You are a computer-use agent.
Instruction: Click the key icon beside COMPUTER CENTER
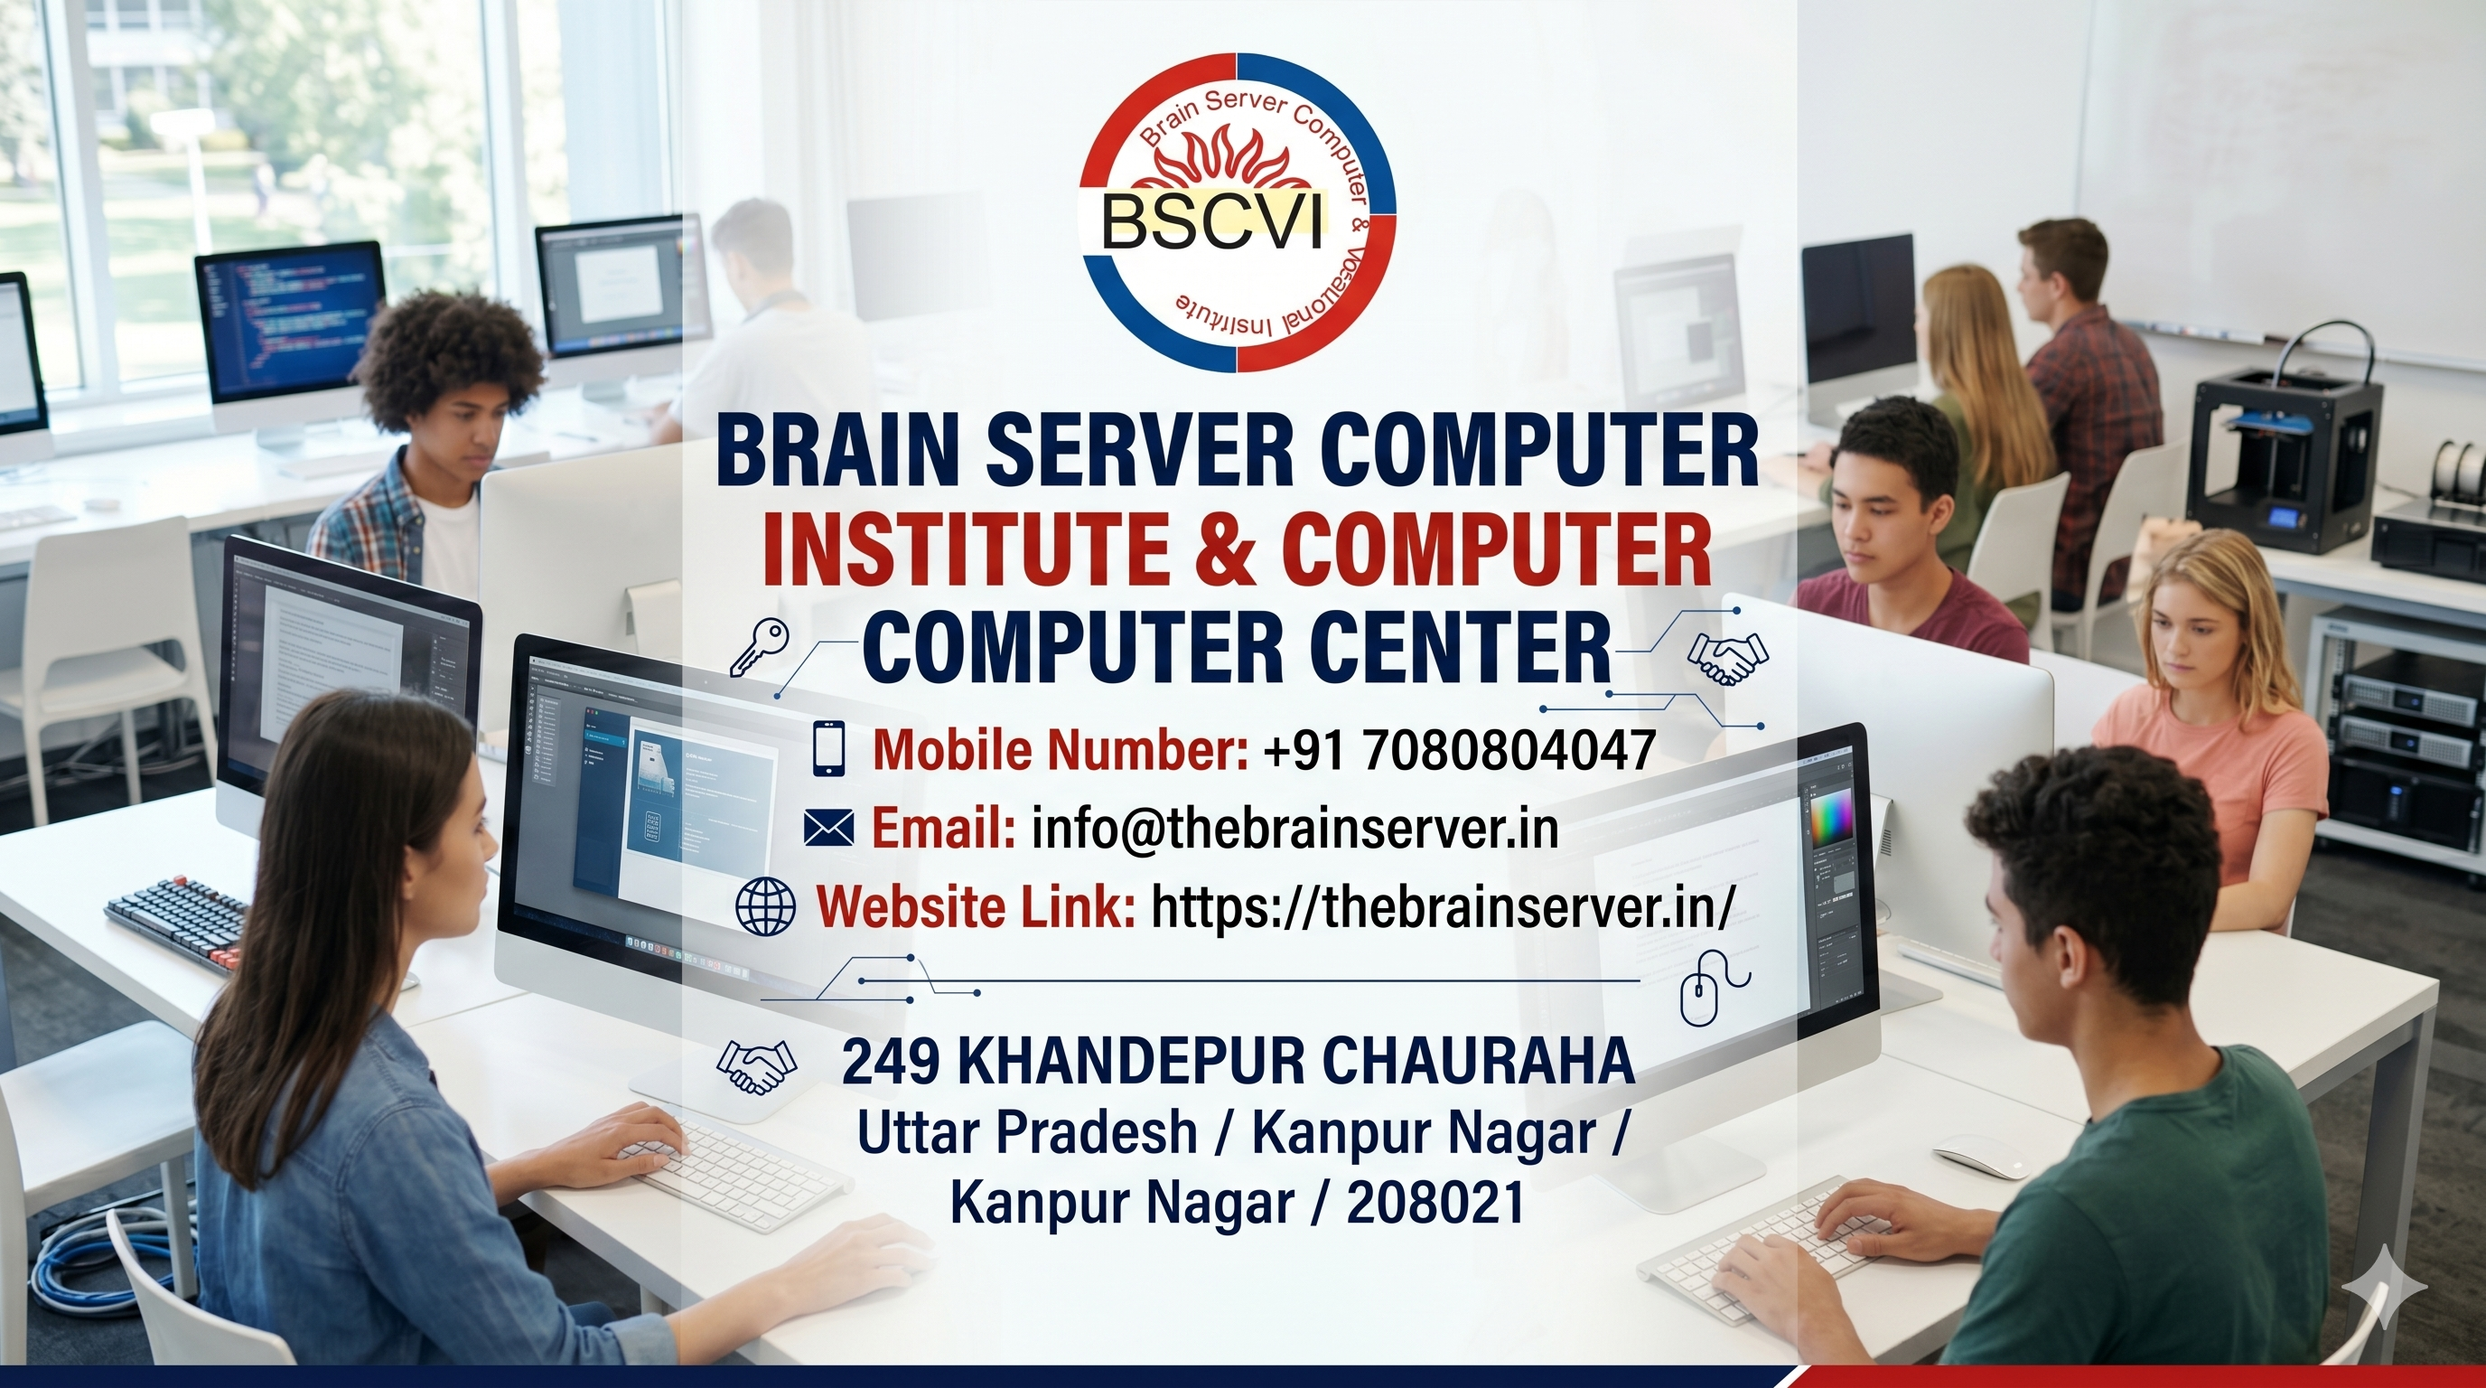[x=759, y=646]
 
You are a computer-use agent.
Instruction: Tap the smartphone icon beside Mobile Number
[x=830, y=748]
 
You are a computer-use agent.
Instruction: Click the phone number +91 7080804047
[x=1458, y=749]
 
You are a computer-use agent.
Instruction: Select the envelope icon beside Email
[x=829, y=827]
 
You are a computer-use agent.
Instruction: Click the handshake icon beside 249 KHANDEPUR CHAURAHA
[x=757, y=1067]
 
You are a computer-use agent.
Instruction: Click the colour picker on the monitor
[x=1831, y=818]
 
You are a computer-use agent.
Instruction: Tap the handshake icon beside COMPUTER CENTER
[x=1726, y=658]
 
